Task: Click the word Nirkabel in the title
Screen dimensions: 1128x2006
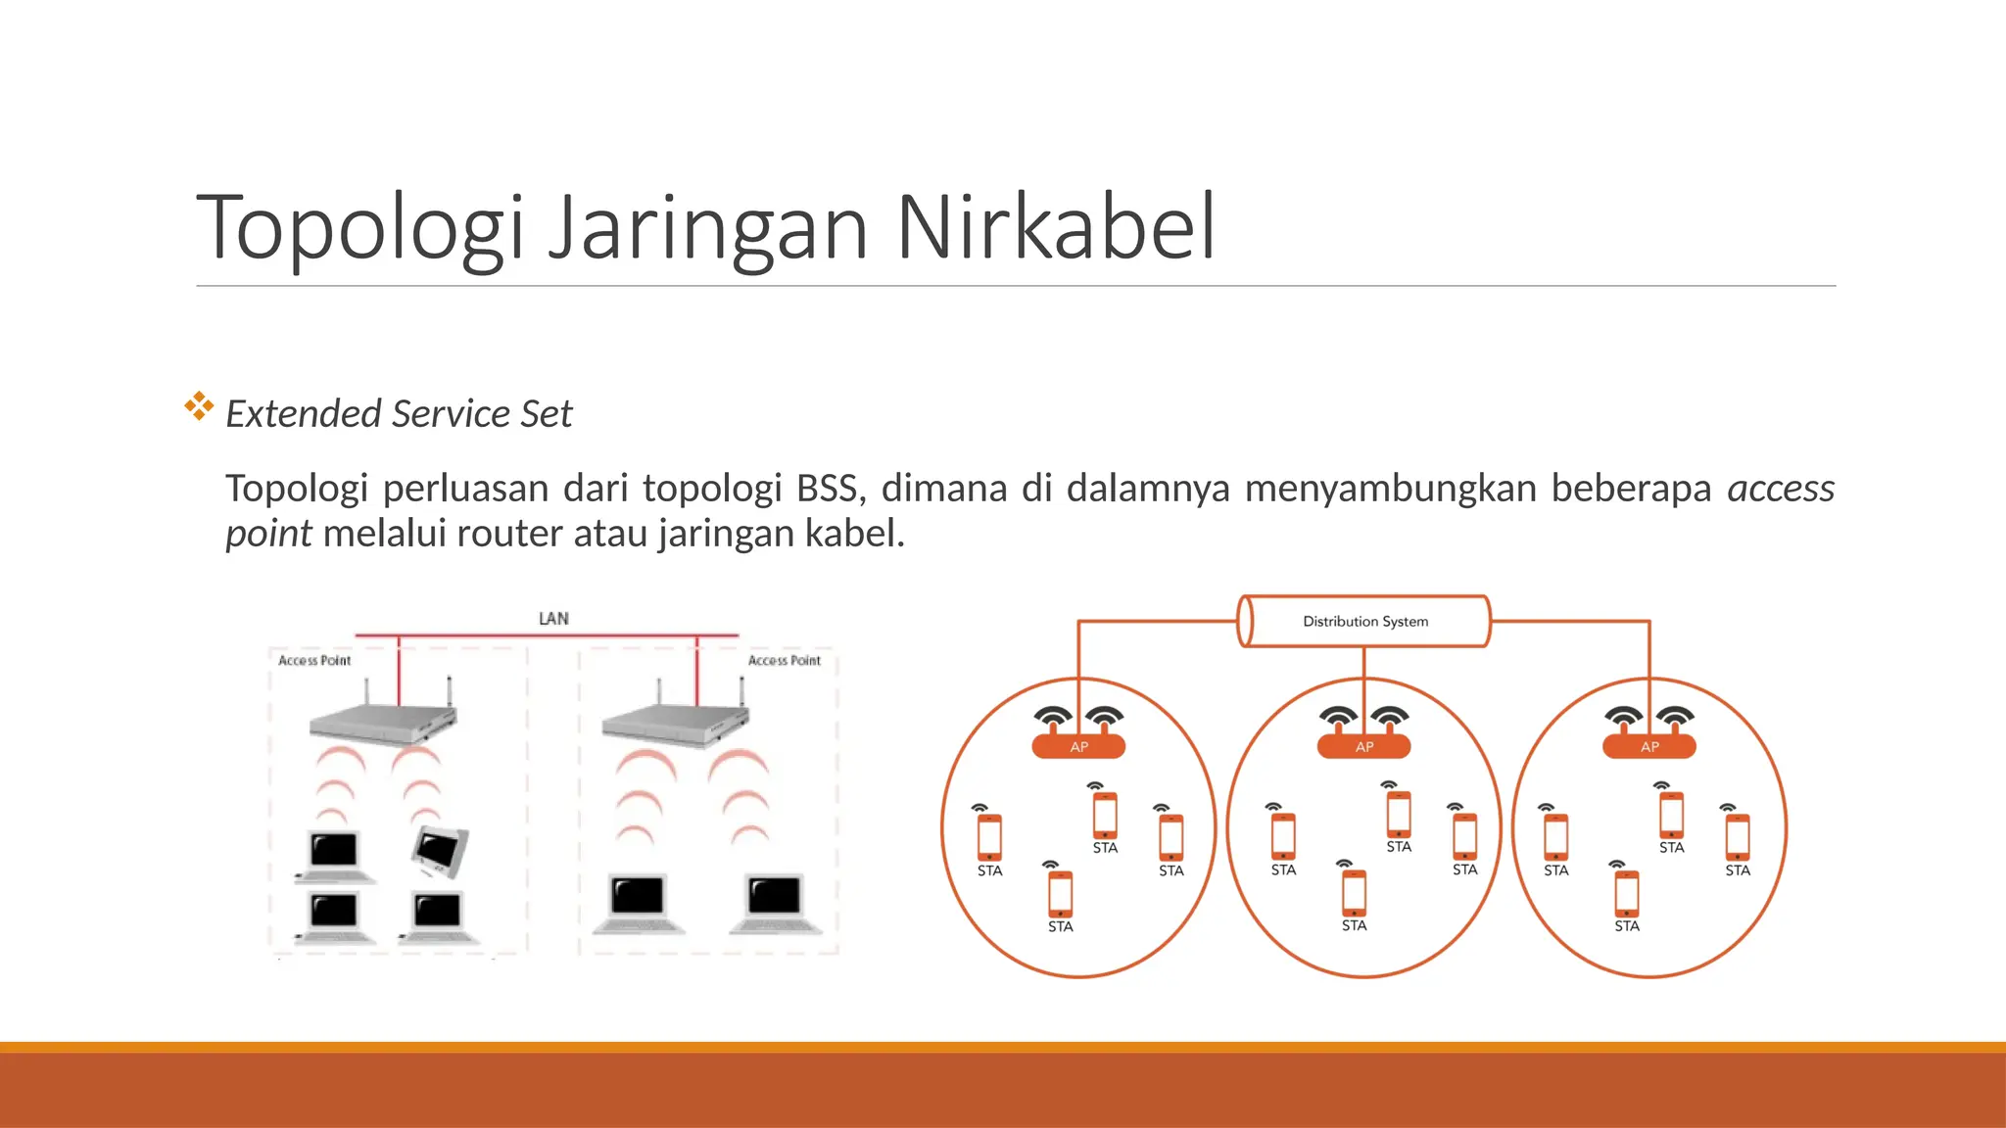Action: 1055,227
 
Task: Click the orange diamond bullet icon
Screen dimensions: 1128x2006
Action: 199,406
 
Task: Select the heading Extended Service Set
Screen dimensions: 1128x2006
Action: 399,413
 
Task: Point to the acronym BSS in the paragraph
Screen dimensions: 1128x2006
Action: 826,488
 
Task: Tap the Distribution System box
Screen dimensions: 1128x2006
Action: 1364,621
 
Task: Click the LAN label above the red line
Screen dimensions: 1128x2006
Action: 553,619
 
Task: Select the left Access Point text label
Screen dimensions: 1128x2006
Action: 314,661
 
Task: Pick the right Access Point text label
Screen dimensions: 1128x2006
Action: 784,661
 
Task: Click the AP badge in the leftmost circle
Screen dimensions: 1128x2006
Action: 1078,747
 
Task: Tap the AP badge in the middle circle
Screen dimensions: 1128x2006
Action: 1363,747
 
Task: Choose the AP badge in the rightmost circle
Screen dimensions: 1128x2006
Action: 1649,747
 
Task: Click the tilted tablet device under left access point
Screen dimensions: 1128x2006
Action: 441,850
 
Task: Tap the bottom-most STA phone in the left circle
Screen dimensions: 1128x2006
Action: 1060,893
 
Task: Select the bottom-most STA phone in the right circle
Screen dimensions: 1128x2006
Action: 1626,893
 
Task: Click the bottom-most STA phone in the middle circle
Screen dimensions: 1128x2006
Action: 1354,892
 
